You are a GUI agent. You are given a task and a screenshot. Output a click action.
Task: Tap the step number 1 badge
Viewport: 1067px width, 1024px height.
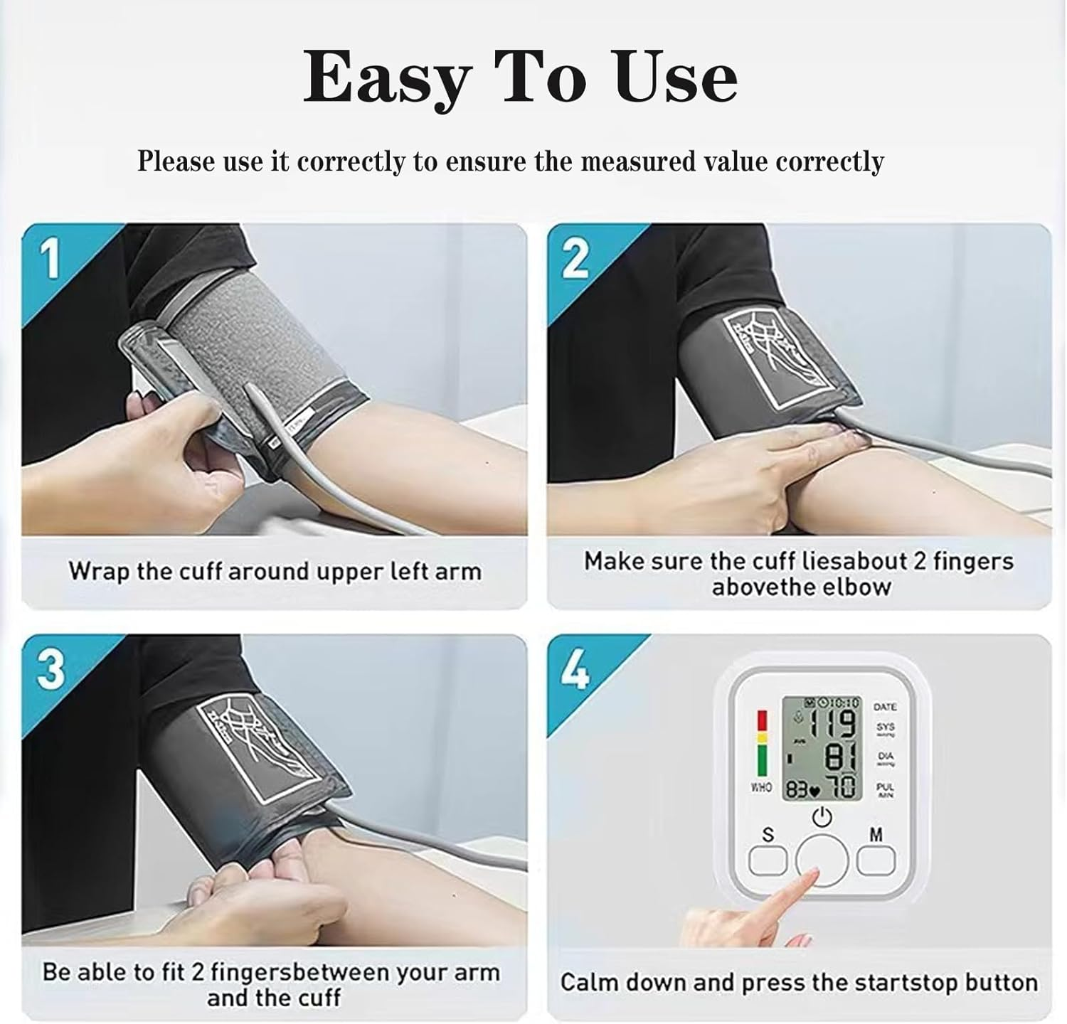(x=50, y=259)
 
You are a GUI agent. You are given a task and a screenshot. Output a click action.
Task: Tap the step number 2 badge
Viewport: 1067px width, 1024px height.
(x=575, y=259)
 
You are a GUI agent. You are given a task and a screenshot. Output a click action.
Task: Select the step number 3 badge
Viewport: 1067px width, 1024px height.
(x=50, y=669)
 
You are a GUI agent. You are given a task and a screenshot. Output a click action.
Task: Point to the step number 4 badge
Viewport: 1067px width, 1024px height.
(x=575, y=669)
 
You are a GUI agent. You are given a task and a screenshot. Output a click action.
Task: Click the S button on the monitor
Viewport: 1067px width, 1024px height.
(x=768, y=861)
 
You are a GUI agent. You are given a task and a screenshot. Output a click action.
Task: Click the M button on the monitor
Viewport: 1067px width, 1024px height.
(x=876, y=861)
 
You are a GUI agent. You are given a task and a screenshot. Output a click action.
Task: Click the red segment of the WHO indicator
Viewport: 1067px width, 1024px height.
(x=763, y=720)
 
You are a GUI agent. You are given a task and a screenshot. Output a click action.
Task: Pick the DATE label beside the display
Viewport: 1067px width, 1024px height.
(x=885, y=707)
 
